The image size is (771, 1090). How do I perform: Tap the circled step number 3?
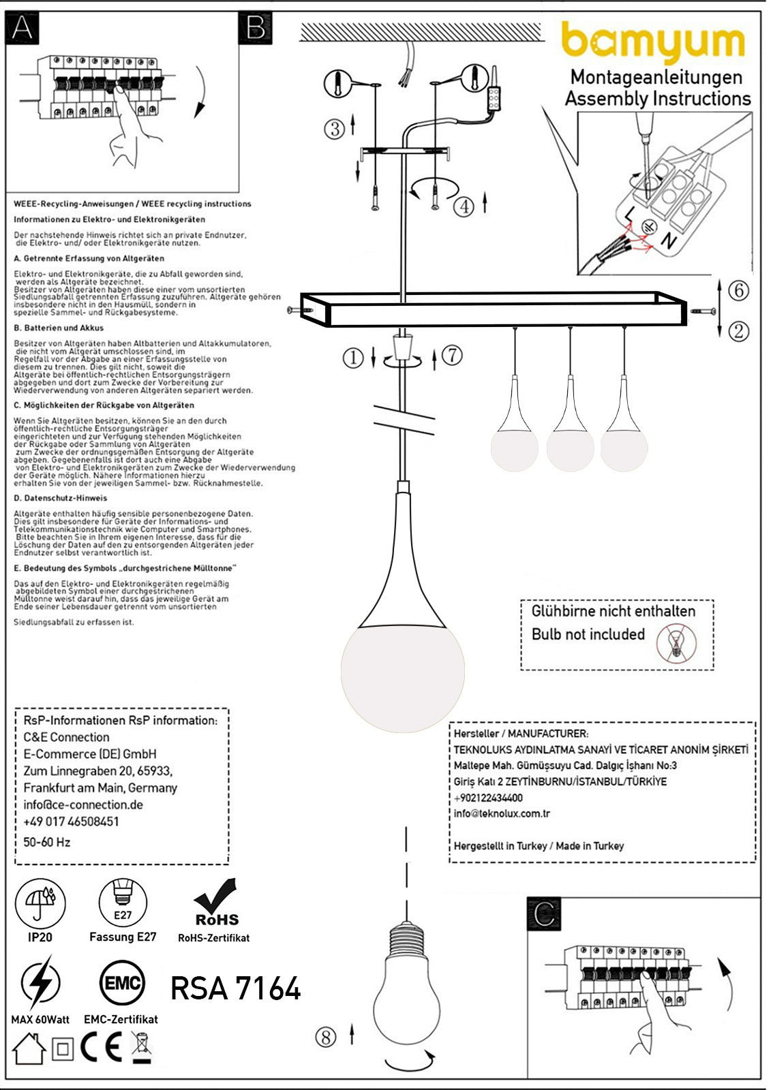tap(335, 129)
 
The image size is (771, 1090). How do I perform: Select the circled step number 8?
tap(326, 1037)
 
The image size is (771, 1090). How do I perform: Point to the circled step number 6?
tap(739, 290)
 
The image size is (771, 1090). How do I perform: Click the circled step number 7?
tap(452, 355)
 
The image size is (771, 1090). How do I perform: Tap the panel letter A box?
tap(22, 29)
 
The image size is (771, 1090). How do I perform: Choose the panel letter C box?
tap(544, 914)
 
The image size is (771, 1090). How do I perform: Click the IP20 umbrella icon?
tap(40, 903)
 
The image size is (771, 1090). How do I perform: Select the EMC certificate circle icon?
tap(122, 983)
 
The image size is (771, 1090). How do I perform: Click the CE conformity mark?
tap(101, 1047)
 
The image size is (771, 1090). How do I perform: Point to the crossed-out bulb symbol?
tap(677, 642)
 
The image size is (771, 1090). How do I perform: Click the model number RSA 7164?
tap(235, 988)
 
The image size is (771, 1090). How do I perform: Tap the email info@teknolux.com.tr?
tap(502, 813)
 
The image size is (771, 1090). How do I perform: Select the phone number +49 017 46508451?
tap(71, 822)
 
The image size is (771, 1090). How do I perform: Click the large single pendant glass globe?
tap(403, 669)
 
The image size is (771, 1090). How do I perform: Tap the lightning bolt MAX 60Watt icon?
tap(40, 982)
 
